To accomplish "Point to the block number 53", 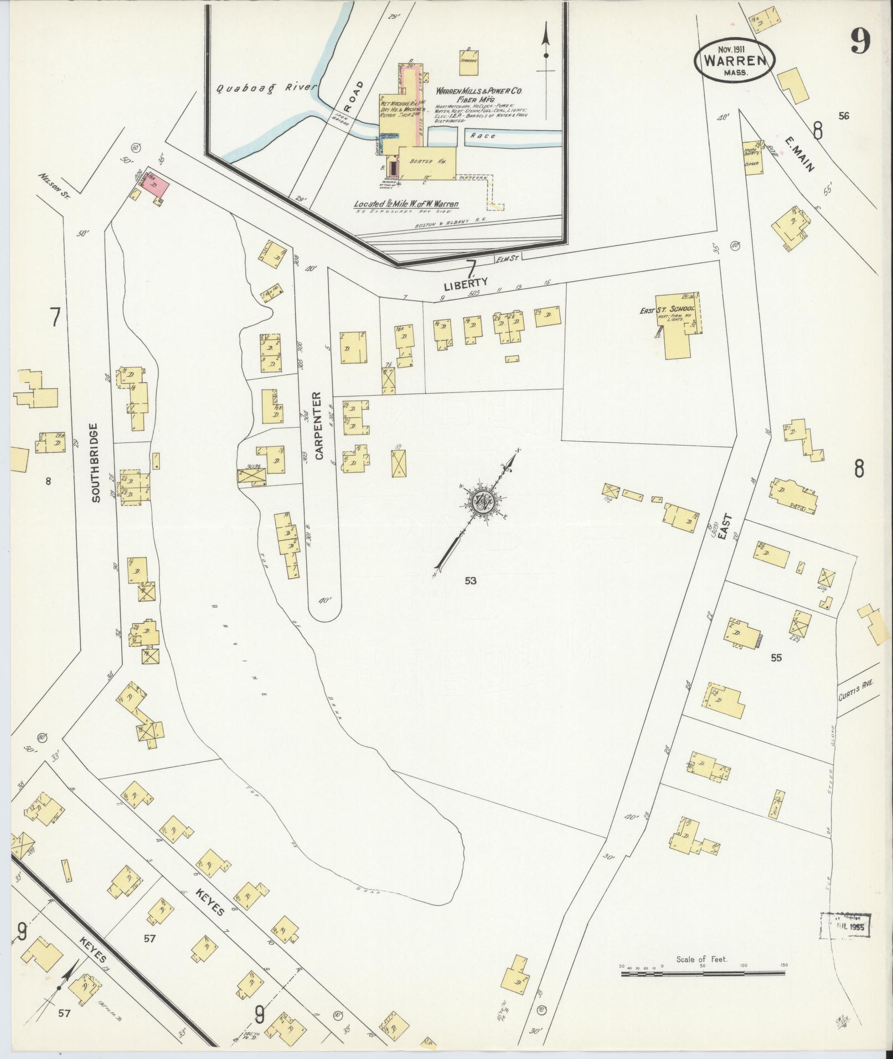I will pos(471,581).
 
